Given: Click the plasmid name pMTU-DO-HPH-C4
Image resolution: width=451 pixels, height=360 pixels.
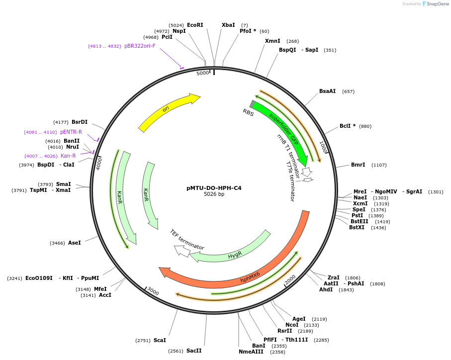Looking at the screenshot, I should click(214, 188).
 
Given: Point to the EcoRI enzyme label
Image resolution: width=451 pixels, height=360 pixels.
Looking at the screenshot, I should click(195, 25).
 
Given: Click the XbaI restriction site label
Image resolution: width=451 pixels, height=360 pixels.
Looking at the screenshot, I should click(228, 25).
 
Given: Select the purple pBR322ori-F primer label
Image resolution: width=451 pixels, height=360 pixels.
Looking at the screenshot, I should click(140, 46).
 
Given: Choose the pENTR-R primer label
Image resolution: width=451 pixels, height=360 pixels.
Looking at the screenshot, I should click(71, 132).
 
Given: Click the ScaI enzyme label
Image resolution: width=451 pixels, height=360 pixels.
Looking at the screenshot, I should click(160, 340).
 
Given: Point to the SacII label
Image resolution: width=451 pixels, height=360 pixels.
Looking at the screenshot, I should click(194, 351).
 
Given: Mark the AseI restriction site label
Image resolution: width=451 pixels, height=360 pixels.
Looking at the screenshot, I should click(74, 243).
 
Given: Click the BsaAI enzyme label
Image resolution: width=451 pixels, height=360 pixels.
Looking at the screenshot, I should click(327, 91).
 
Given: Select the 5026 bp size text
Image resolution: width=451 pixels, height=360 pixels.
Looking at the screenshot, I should click(214, 194).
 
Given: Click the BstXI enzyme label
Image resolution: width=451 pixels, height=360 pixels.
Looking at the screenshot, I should click(357, 227).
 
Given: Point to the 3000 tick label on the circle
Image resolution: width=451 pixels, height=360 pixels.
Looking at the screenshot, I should click(153, 291).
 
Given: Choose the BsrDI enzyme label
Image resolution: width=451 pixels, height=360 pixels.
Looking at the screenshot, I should click(80, 122).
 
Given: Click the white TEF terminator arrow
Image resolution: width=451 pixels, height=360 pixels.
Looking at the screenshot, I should click(182, 251).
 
